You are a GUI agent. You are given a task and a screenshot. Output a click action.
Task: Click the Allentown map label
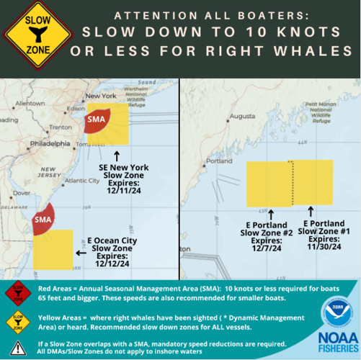click(x=28, y=103)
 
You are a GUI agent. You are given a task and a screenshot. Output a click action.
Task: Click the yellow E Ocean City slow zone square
click(x=52, y=249)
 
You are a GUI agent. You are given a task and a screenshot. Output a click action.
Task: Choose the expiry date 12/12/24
click(x=112, y=264)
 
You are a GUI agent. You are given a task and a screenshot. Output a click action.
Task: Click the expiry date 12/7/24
click(x=271, y=248)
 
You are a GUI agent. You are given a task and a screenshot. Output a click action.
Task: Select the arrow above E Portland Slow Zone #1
click(x=311, y=212)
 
